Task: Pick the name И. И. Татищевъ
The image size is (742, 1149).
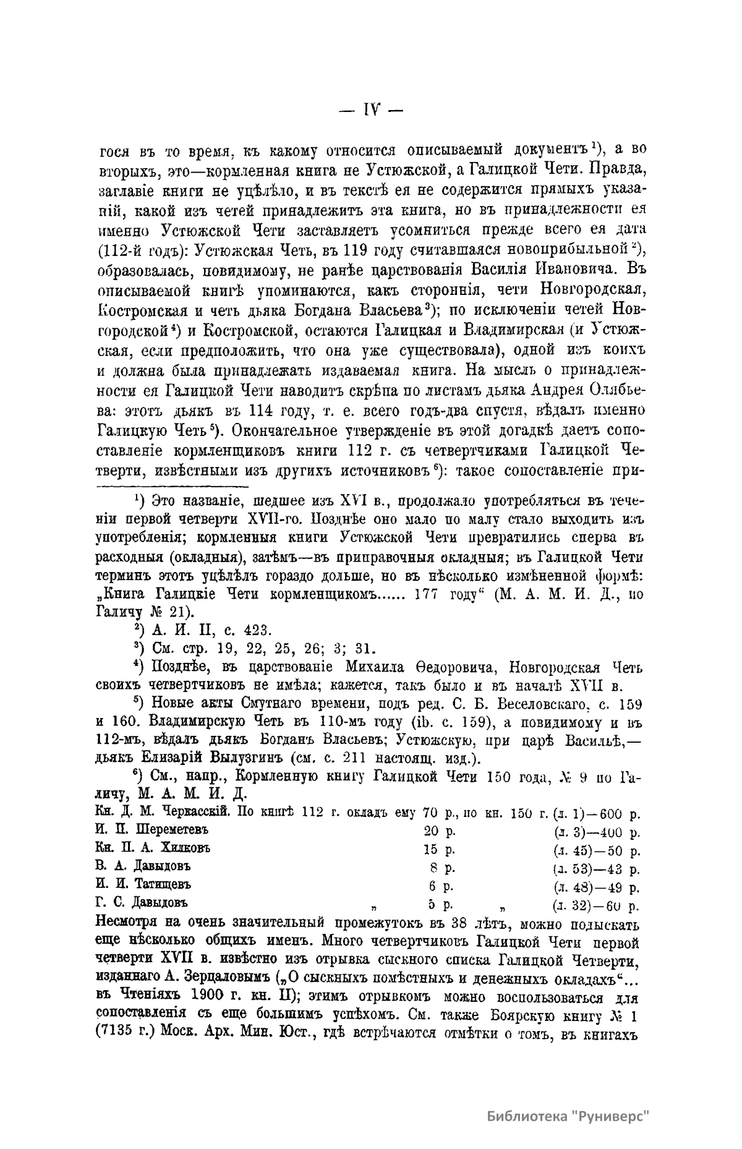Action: (143, 884)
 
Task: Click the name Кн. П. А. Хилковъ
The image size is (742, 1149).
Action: (153, 847)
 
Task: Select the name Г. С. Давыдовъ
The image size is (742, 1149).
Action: (142, 903)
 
